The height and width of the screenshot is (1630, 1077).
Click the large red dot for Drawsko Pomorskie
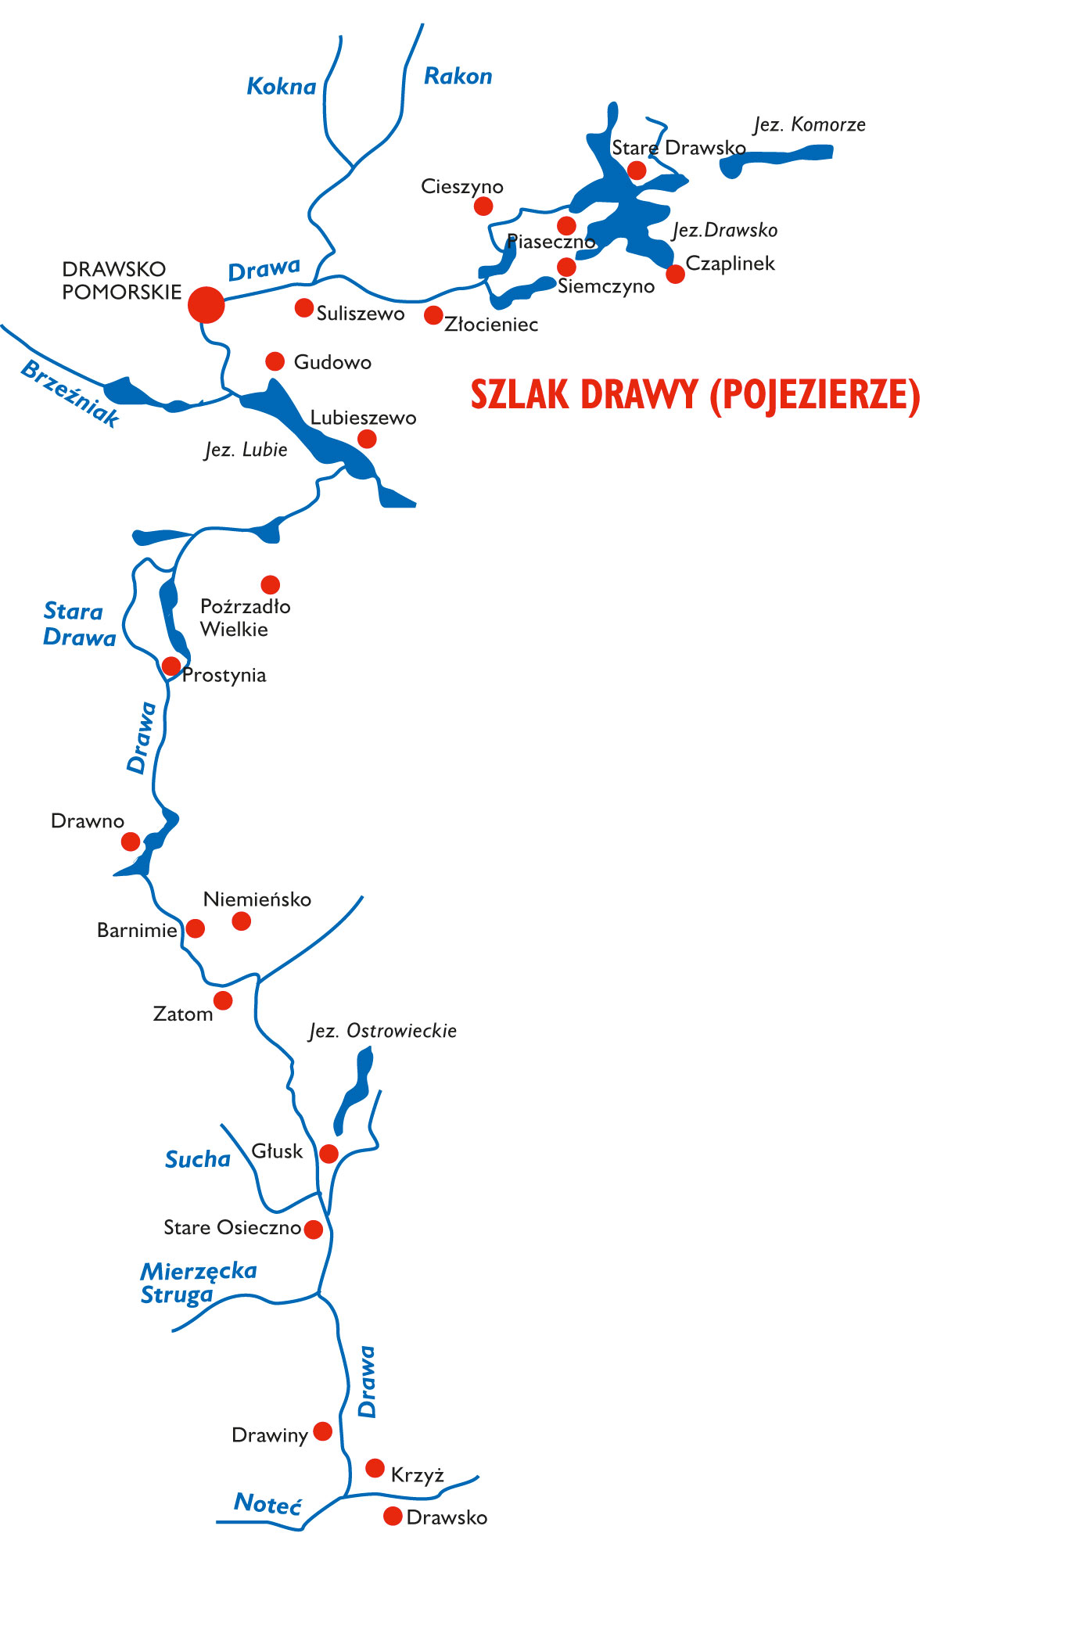206,304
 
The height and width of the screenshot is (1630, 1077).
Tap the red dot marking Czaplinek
675,274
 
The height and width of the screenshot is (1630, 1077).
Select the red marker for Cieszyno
483,206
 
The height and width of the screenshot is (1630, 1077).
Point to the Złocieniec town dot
433,314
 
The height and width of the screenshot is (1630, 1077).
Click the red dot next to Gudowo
275,361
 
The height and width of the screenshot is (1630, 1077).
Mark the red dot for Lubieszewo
367,439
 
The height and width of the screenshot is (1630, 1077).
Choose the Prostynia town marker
171,666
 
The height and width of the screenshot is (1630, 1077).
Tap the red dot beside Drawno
131,842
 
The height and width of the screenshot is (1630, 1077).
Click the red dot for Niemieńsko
242,921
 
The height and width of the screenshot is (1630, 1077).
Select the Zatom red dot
223,1000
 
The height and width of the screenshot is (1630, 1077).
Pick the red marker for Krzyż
375,1468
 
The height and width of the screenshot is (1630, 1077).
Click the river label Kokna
282,86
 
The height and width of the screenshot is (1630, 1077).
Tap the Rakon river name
458,76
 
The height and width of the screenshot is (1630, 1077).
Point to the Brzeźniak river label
70,393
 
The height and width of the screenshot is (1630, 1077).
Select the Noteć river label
267,1503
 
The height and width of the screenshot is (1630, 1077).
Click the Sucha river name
198,1159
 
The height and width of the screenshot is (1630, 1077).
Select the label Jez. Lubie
246,450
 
